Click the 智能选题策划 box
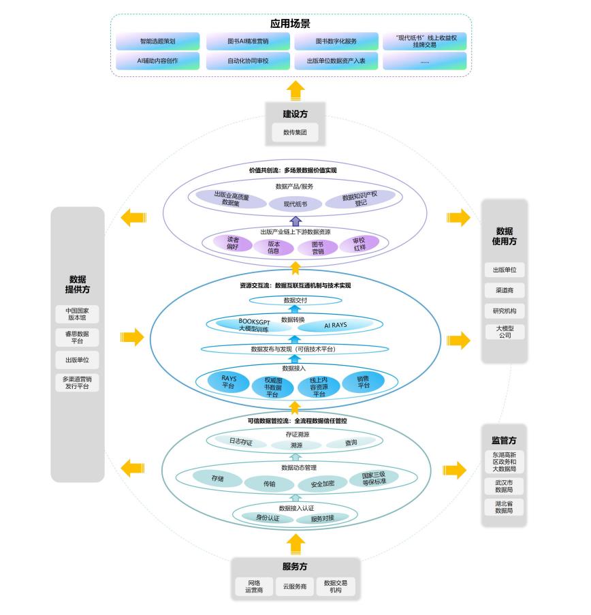(x=158, y=42)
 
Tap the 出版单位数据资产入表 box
(x=336, y=61)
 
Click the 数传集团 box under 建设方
(x=295, y=132)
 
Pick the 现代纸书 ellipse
(x=295, y=204)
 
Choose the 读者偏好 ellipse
(x=233, y=244)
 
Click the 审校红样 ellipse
(x=358, y=244)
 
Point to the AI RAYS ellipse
(x=335, y=326)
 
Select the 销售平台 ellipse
(x=363, y=382)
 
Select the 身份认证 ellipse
(x=268, y=518)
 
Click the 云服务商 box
(x=295, y=586)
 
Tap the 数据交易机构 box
(x=336, y=586)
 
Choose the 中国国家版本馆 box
(x=78, y=314)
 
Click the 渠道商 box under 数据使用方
(x=505, y=290)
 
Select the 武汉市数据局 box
(x=505, y=486)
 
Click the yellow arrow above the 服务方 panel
(x=295, y=544)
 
